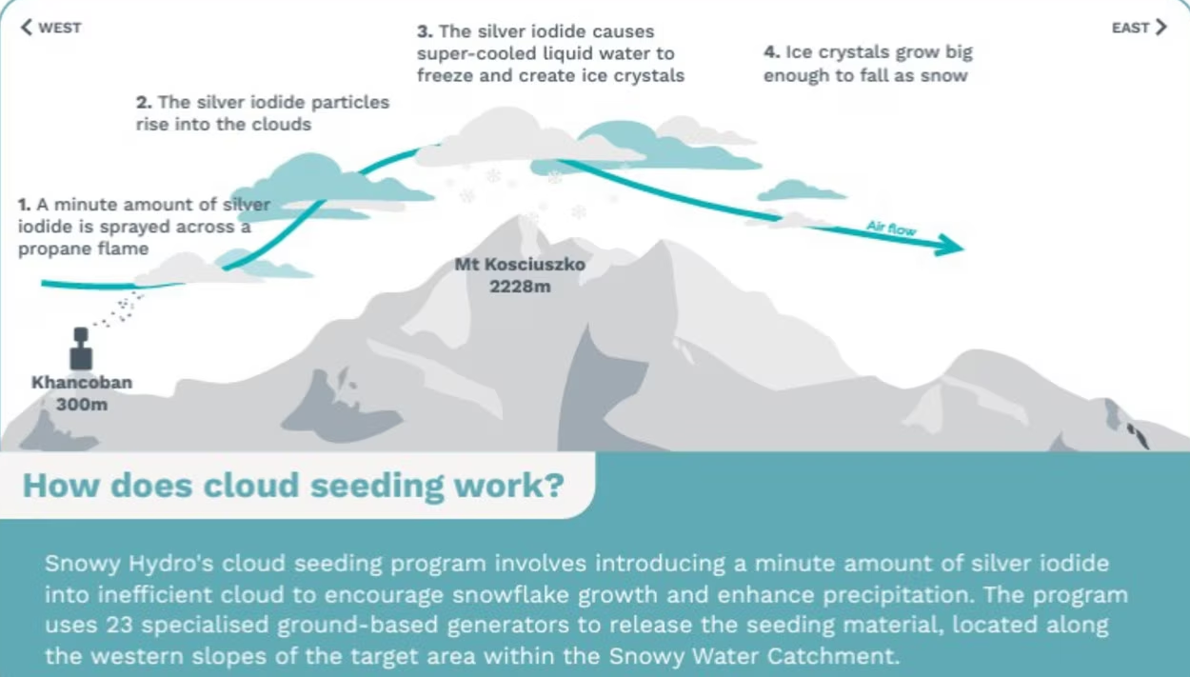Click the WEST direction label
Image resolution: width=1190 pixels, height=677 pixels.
59,28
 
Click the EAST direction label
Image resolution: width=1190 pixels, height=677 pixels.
1131,28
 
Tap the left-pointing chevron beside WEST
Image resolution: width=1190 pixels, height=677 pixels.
26,27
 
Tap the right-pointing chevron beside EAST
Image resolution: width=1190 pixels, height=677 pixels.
1161,27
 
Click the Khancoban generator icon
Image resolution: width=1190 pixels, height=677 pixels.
81,348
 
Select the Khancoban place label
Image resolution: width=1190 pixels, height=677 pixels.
82,382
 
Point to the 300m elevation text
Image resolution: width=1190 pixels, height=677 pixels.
82,405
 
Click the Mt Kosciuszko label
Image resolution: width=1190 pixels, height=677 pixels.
520,264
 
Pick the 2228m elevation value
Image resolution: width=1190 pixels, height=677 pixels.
520,287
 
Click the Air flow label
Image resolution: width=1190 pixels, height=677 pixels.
891,228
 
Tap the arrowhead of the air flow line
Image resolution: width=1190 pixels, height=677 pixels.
949,245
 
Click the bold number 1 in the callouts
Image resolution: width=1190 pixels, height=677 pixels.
24,205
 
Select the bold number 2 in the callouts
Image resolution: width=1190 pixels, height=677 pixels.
144,102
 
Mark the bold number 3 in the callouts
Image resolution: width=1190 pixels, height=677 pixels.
425,31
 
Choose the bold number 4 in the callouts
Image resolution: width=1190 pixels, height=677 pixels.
771,52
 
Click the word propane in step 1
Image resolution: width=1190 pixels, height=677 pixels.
51,249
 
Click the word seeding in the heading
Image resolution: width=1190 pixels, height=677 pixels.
377,487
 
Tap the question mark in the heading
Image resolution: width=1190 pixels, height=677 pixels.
554,484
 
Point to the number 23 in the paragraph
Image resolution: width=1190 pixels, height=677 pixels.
119,625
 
